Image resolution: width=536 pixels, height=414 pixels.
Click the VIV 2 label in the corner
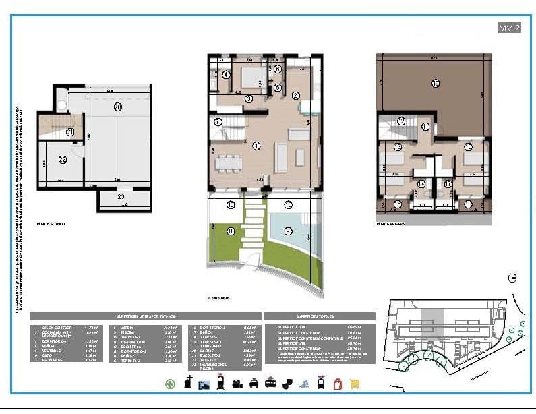(509, 28)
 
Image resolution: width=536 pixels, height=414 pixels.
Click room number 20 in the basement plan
(117, 107)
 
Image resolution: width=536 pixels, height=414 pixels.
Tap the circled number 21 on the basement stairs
(70, 133)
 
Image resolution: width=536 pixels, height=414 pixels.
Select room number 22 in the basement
(62, 160)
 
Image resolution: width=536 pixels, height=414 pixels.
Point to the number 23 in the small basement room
(121, 197)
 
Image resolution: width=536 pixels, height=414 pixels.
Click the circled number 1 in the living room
(256, 146)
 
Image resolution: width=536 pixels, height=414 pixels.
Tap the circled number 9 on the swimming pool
(289, 231)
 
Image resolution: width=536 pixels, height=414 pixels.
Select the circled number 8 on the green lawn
(231, 231)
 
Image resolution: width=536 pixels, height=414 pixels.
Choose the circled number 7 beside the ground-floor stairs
(218, 122)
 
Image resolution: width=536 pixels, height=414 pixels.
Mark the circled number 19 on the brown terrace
(435, 83)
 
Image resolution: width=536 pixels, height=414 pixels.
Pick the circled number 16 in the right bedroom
(467, 147)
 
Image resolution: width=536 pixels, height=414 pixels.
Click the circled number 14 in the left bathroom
(421, 183)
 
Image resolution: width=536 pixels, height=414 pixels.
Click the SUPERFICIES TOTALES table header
(320, 316)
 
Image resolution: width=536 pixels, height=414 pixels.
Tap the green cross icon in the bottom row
(171, 384)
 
